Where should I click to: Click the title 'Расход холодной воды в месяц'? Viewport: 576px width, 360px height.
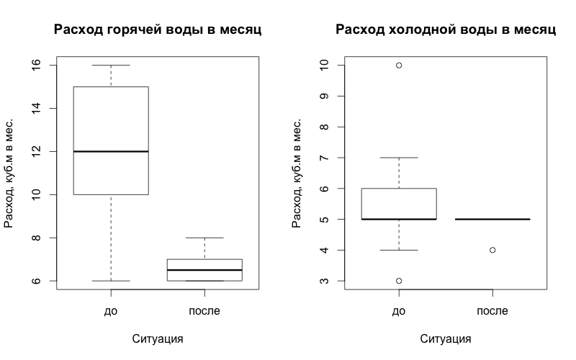[446, 30]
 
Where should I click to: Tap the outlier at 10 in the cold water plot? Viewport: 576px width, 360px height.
[399, 65]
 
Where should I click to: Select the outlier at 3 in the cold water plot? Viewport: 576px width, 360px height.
[399, 281]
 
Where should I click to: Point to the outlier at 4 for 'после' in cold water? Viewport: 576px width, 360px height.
[492, 250]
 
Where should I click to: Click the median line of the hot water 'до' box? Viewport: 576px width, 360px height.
[111, 151]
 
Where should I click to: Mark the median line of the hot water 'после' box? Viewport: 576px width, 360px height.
[204, 270]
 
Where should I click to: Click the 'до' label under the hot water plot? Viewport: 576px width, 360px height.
[111, 311]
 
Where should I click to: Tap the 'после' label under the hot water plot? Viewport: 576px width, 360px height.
[204, 311]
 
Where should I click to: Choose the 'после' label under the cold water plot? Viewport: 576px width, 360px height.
[492, 311]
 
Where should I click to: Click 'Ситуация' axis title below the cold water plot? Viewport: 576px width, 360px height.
[446, 338]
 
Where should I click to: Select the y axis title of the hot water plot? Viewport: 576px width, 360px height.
[10, 173]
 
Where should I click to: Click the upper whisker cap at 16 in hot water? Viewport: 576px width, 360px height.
[111, 65]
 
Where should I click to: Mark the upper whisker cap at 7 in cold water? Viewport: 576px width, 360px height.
[399, 158]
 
